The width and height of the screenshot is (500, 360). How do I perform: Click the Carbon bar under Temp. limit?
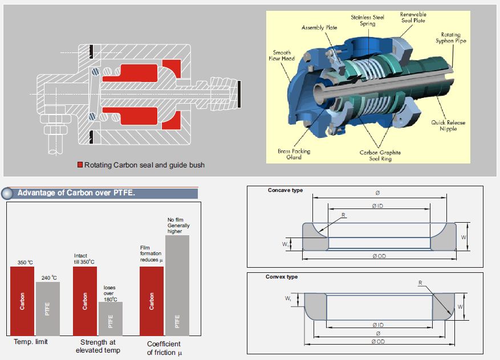22,301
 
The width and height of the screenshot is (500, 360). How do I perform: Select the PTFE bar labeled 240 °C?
47,308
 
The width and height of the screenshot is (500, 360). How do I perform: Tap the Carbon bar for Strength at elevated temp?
85,301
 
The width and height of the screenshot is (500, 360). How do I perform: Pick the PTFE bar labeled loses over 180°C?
110,318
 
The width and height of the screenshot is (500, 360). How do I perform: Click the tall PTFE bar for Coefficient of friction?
177,285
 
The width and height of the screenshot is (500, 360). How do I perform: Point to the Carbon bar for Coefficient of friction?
152,301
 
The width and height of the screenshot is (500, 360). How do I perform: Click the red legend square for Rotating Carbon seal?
80,165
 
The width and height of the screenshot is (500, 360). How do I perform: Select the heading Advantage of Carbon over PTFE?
76,193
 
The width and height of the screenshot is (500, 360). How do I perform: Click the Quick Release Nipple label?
448,125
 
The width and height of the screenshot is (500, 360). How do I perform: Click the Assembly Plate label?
319,27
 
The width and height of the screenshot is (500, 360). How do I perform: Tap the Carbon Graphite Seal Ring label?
380,156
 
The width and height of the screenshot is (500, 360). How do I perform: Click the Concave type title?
285,190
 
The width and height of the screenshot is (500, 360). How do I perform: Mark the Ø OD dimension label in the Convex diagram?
379,341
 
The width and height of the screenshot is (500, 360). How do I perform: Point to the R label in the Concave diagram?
343,215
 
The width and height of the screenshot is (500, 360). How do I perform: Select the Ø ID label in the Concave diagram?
378,205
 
